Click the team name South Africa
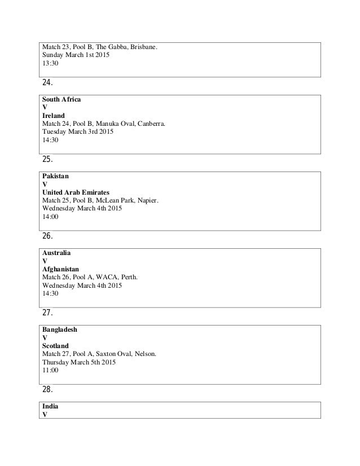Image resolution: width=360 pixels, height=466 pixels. click(x=62, y=99)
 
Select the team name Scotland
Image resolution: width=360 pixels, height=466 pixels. click(x=55, y=345)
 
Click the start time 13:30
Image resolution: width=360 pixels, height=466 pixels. click(x=50, y=64)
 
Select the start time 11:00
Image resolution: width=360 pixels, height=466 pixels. click(x=50, y=370)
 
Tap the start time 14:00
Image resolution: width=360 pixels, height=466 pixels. click(x=50, y=217)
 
